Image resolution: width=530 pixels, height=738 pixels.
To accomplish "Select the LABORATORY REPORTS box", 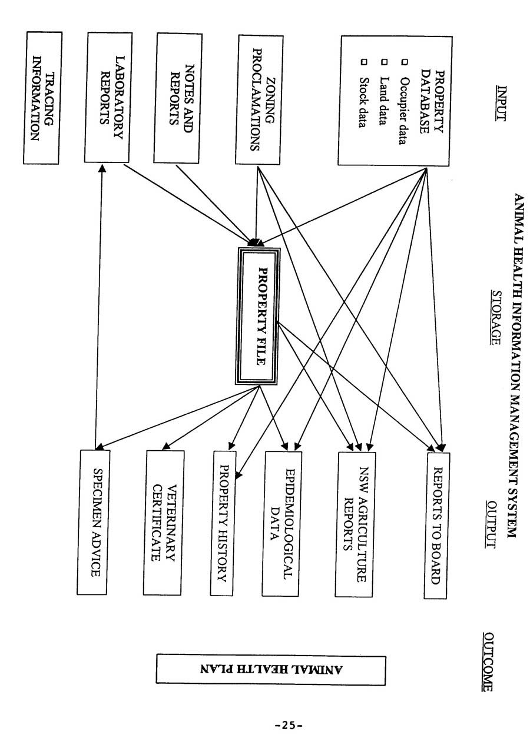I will [111, 97].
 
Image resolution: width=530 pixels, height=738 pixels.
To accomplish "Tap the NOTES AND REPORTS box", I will [177, 97].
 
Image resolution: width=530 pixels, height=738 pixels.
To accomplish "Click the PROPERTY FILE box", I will [259, 316].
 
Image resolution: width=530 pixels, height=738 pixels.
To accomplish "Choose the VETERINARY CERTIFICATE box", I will [164, 523].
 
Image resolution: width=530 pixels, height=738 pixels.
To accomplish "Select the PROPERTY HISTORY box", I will [223, 523].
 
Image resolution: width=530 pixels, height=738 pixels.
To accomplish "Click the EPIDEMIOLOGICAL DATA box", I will [282, 523].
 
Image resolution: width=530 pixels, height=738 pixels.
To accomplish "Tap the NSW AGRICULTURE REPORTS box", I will [356, 524].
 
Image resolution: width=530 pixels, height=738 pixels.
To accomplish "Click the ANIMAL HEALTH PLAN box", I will [271, 670].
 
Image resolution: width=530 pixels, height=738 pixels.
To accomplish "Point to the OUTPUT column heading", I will [492, 523].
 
